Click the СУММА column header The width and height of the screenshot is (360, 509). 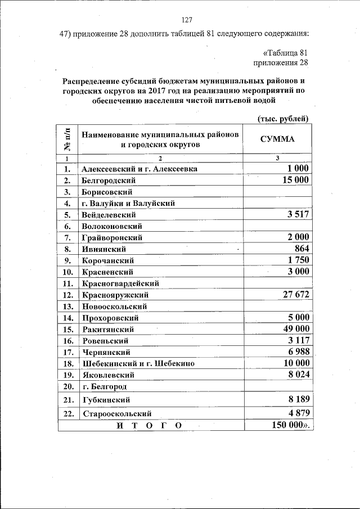[277, 139]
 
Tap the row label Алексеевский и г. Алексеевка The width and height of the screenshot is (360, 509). [139, 169]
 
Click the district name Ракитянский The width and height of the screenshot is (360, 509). [108, 329]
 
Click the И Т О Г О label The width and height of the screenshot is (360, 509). [149, 426]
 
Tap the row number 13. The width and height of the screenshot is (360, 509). [69, 307]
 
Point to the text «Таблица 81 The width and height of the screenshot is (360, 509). [286, 52]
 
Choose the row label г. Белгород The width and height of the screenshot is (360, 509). [104, 386]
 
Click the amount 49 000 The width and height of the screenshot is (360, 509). [295, 328]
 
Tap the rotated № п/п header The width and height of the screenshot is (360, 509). [68, 139]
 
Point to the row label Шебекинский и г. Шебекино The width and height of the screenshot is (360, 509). [138, 363]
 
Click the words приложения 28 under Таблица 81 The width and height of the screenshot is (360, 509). [281, 62]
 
